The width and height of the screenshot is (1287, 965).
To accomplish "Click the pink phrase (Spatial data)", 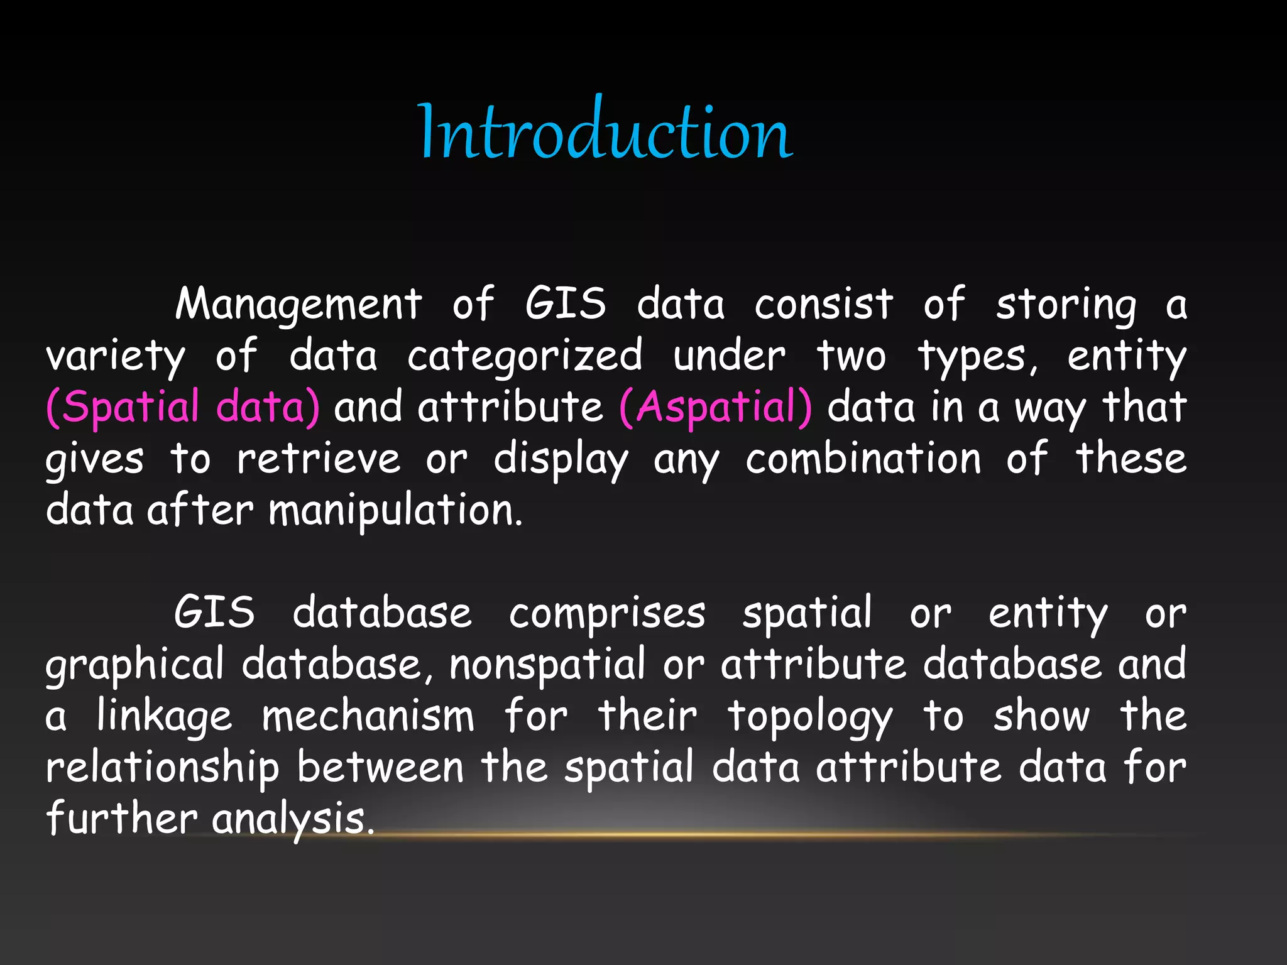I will point(183,408).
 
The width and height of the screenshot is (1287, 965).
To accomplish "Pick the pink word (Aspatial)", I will point(715,408).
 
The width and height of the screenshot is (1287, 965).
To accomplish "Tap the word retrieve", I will point(319,459).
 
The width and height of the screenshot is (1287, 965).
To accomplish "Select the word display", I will point(561,460).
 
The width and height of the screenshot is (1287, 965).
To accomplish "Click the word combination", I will point(863,459).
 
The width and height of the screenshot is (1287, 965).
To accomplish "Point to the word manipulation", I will point(395,510).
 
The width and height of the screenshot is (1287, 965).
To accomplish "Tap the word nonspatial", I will point(547,665).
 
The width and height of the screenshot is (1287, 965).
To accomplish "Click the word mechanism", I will point(368,716).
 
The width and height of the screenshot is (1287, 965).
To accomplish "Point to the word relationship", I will point(162,768).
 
